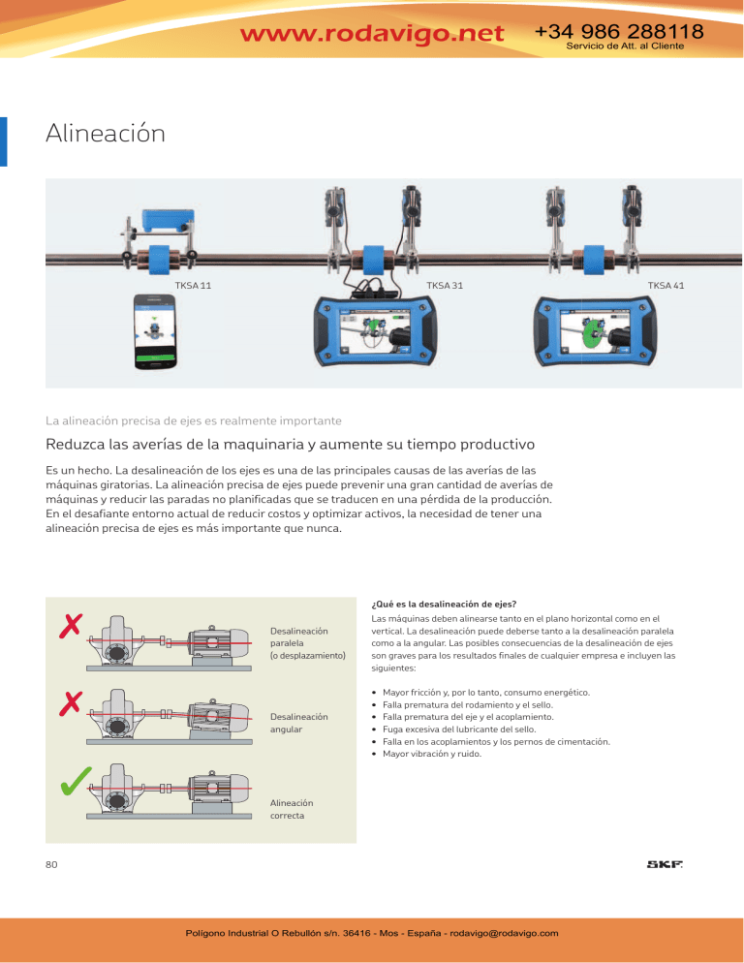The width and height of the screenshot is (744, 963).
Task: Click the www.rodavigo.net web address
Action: [372, 33]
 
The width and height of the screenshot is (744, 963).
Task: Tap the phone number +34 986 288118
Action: [619, 31]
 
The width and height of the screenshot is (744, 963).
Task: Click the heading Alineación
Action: [105, 134]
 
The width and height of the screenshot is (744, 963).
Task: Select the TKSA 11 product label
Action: [193, 286]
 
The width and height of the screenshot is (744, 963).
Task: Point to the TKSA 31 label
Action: [445, 286]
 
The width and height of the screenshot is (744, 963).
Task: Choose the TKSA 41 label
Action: [666, 286]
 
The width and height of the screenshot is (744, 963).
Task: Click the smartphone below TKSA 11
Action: [155, 331]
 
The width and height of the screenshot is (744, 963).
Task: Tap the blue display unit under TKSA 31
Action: [375, 331]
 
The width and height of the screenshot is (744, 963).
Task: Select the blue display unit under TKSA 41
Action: [596, 331]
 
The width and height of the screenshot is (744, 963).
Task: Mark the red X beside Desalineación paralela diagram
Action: [71, 626]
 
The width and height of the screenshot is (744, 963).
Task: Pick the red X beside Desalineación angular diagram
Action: [71, 703]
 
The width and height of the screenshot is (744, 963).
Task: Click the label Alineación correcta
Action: [292, 810]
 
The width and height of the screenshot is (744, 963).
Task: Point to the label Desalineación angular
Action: [299, 723]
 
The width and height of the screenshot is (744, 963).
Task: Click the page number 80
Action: [51, 865]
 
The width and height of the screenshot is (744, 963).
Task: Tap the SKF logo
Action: [665, 864]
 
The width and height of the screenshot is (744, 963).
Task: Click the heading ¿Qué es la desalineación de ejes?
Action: [445, 605]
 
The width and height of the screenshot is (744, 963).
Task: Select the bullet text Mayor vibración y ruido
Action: [432, 754]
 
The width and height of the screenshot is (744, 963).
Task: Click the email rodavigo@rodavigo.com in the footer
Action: [504, 933]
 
